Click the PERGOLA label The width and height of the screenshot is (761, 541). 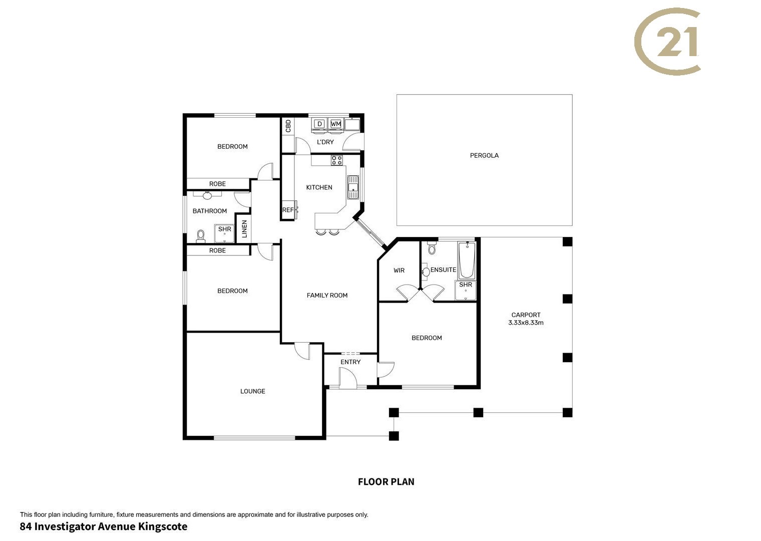click(x=484, y=156)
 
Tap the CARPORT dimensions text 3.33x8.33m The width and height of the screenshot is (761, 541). click(x=526, y=323)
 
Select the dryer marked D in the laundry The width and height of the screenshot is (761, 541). click(x=319, y=124)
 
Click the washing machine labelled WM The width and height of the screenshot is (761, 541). click(x=335, y=124)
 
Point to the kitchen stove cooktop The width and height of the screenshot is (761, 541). click(x=336, y=160)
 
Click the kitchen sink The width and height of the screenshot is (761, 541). click(x=353, y=187)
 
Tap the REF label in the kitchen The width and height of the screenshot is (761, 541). click(x=288, y=210)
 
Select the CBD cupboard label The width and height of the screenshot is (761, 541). click(x=288, y=126)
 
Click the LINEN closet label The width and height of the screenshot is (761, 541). click(x=244, y=229)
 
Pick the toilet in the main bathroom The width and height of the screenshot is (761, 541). click(x=201, y=236)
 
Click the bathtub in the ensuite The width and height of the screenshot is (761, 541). click(x=467, y=260)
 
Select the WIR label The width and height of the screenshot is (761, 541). click(x=399, y=270)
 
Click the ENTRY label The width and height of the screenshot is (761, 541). click(x=350, y=362)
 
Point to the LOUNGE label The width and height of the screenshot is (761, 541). click(x=253, y=392)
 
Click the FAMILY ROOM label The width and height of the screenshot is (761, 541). click(x=327, y=296)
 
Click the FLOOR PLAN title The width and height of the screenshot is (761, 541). click(x=387, y=482)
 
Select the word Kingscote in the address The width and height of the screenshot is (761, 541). click(x=162, y=527)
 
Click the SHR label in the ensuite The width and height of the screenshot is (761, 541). click(x=466, y=285)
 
